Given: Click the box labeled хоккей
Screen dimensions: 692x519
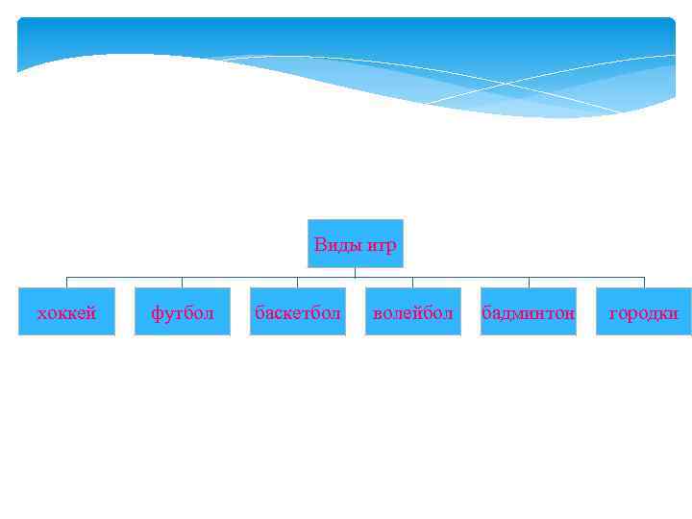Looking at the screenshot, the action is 66,311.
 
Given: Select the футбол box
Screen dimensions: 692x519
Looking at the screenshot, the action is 182,311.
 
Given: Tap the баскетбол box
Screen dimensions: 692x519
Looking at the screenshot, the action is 297,311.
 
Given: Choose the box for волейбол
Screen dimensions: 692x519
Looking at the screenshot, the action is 412,311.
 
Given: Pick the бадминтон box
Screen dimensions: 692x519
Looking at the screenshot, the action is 528,311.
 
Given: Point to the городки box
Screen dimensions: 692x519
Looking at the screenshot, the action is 643,311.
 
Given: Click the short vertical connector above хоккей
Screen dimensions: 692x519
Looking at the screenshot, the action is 66,283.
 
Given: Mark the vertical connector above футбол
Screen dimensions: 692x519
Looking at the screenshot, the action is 182,283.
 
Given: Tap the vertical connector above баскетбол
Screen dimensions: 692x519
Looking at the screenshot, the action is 297,283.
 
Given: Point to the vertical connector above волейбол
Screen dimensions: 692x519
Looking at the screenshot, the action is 412,283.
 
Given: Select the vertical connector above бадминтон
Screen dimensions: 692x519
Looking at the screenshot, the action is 528,283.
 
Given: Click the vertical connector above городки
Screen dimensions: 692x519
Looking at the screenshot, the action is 643,283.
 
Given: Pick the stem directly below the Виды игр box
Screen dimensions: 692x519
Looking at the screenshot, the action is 355,272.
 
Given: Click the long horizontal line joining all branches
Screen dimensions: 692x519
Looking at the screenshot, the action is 240,278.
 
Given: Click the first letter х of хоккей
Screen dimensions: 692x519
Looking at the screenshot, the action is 41,313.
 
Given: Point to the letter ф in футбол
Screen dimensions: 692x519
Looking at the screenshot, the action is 157,313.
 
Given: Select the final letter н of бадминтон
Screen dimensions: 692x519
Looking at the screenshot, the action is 569,313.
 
